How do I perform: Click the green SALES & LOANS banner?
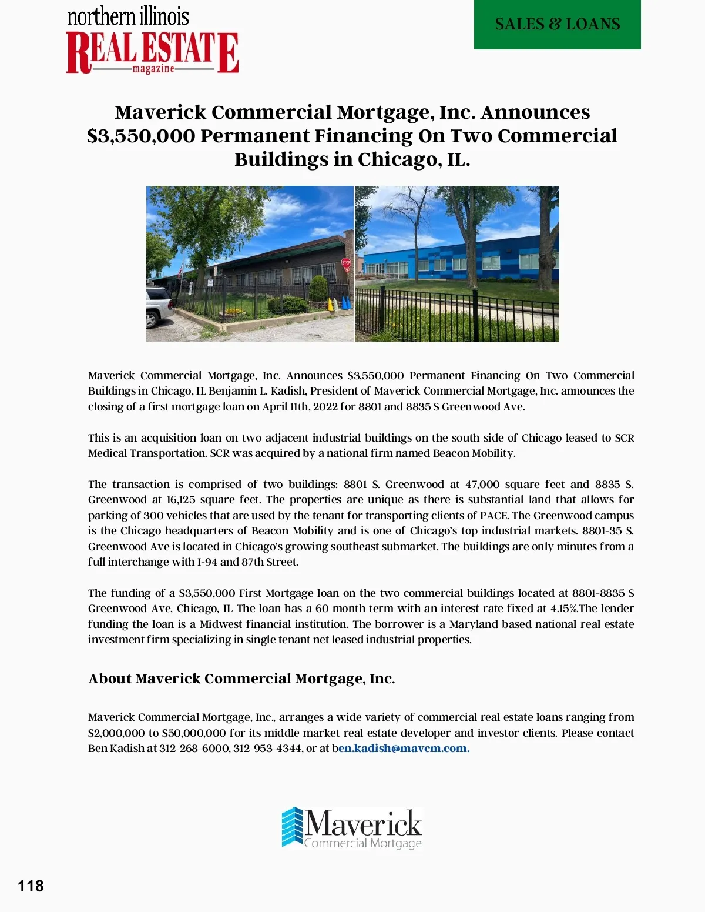pyautogui.click(x=557, y=24)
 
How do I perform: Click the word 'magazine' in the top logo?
pyautogui.click(x=153, y=69)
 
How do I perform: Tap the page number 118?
pyautogui.click(x=31, y=886)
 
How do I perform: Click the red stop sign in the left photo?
pyautogui.click(x=346, y=263)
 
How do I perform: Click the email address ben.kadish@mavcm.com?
pyautogui.click(x=403, y=749)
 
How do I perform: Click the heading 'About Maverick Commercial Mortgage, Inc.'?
pyautogui.click(x=241, y=679)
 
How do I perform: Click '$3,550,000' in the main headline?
pyautogui.click(x=141, y=136)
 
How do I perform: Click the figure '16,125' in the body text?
pyautogui.click(x=180, y=500)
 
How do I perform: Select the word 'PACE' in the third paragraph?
pyautogui.click(x=493, y=516)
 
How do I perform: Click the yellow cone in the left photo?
pyautogui.click(x=330, y=304)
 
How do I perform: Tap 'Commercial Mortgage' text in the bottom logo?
pyautogui.click(x=362, y=843)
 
